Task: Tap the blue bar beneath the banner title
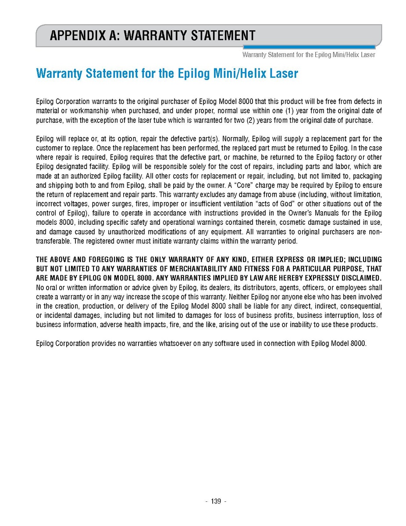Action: coord(309,47)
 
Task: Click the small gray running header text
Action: coord(309,55)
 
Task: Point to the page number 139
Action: coord(216,501)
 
